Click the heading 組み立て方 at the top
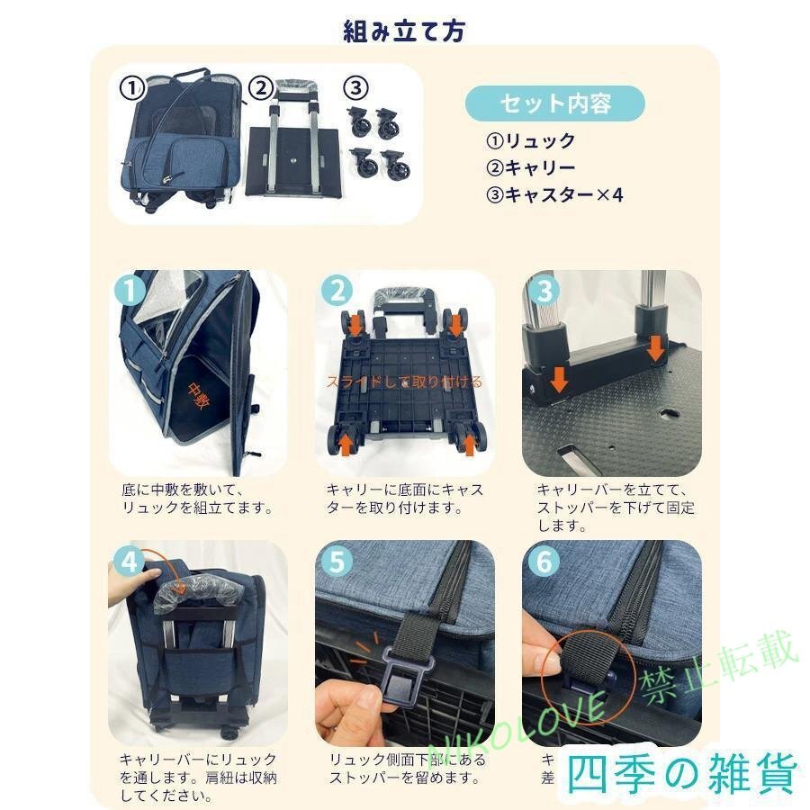(404, 31)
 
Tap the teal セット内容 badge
(554, 103)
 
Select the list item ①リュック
(530, 141)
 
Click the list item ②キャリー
(530, 167)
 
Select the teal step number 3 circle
(546, 291)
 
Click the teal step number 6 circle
(546, 562)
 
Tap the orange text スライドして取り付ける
(404, 382)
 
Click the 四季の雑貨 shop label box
(684, 773)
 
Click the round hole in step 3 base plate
(667, 415)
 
